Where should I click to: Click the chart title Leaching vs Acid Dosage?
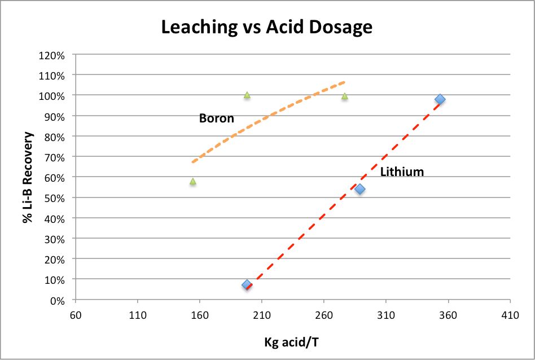[267, 27]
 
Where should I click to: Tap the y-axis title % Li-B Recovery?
[28, 178]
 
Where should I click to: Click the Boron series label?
[216, 118]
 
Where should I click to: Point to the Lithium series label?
[402, 172]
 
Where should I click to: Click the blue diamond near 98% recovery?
[440, 100]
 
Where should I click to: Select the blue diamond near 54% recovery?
[359, 189]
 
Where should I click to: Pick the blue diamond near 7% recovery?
[247, 285]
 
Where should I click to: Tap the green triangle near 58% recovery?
[193, 181]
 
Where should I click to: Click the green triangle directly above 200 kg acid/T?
[247, 95]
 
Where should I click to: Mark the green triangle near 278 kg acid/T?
[344, 96]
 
